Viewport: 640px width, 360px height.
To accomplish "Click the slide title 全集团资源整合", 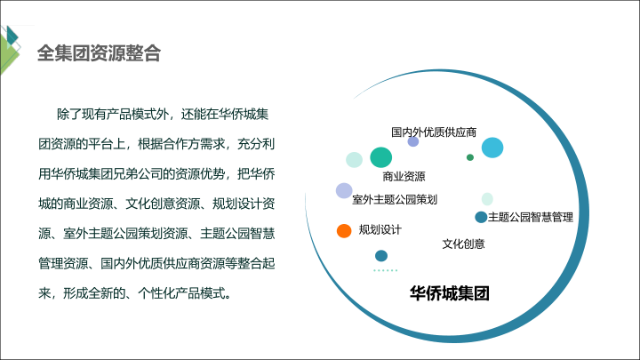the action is pyautogui.click(x=100, y=53).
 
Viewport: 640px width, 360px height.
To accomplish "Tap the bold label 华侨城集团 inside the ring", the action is pyautogui.click(x=450, y=293).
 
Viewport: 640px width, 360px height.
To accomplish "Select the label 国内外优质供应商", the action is pyautogui.click(x=434, y=132).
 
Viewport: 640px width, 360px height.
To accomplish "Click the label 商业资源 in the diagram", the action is pyautogui.click(x=404, y=176).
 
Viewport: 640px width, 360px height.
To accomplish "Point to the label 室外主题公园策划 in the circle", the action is pyautogui.click(x=395, y=200).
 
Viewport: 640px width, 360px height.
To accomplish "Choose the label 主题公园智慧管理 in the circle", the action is pyautogui.click(x=531, y=217).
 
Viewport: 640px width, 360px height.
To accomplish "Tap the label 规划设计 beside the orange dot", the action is pyautogui.click(x=380, y=230).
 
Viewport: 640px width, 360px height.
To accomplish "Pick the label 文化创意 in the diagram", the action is pyautogui.click(x=464, y=244).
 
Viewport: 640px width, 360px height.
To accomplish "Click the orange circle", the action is pyautogui.click(x=344, y=230).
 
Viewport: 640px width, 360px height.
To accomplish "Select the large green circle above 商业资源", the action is pyautogui.click(x=380, y=157).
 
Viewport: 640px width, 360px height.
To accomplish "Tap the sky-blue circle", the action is pyautogui.click(x=492, y=148).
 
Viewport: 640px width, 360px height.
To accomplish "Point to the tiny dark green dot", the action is pyautogui.click(x=470, y=157).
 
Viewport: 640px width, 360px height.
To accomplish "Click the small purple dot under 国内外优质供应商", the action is pyautogui.click(x=413, y=141).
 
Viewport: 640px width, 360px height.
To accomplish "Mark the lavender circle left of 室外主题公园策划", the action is pyautogui.click(x=344, y=190).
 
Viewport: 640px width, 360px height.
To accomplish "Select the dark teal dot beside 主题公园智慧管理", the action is pyautogui.click(x=481, y=217).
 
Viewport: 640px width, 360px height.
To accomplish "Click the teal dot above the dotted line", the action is pyautogui.click(x=381, y=256).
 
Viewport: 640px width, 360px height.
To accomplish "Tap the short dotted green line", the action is pyautogui.click(x=385, y=270).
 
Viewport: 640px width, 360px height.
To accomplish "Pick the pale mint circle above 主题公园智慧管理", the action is pyautogui.click(x=487, y=199).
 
